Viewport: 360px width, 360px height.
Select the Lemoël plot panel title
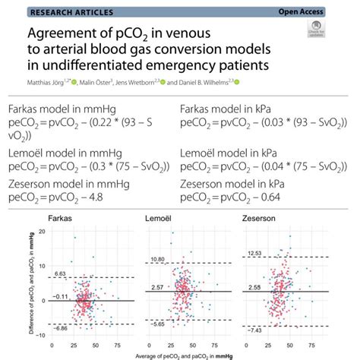pyautogui.click(x=161, y=220)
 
